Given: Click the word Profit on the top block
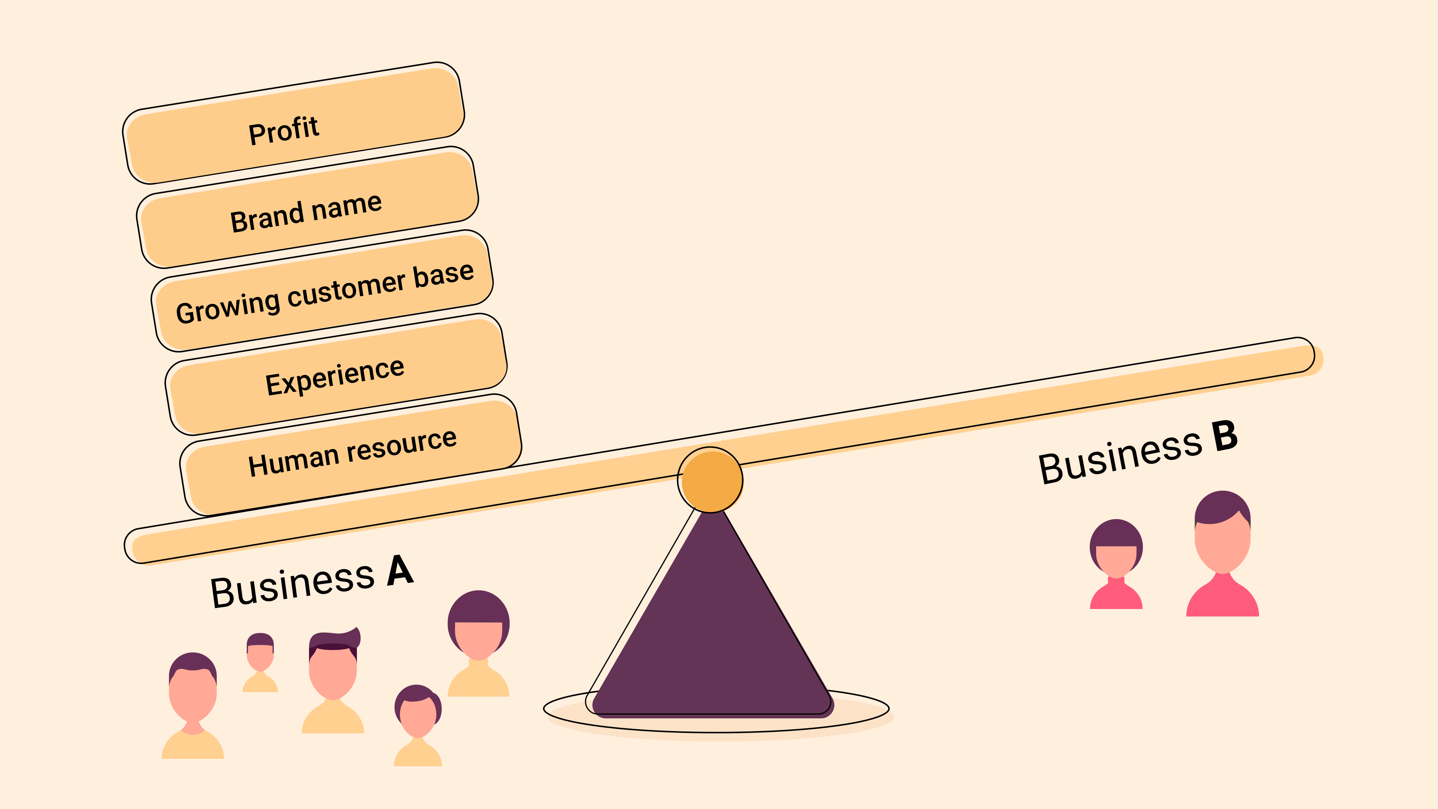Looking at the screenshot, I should (283, 130).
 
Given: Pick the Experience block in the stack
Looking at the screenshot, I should (335, 376).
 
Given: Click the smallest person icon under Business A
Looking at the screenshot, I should (260, 661).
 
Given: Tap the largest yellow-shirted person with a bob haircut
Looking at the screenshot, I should (479, 642).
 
